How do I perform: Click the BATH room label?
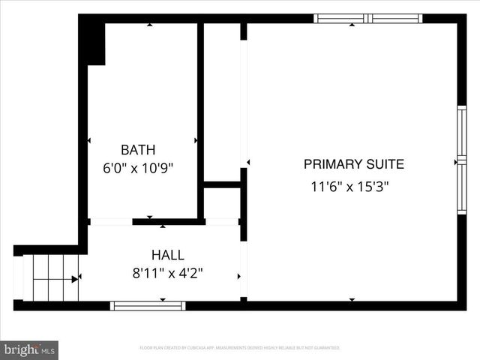[138, 149]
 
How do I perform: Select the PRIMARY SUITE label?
[354, 164]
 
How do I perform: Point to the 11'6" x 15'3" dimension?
[350, 187]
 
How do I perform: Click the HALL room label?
[167, 255]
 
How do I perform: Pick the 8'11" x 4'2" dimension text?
[167, 274]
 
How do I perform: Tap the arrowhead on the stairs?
[74, 279]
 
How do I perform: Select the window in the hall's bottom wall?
[147, 305]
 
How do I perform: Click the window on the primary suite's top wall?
[367, 19]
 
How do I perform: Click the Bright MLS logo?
[30, 349]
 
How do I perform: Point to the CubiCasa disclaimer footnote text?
[240, 348]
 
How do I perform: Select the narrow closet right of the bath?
[222, 101]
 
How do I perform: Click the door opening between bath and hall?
[110, 221]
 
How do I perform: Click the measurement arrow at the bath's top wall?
[150, 25]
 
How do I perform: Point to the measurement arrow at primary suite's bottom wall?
[352, 300]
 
